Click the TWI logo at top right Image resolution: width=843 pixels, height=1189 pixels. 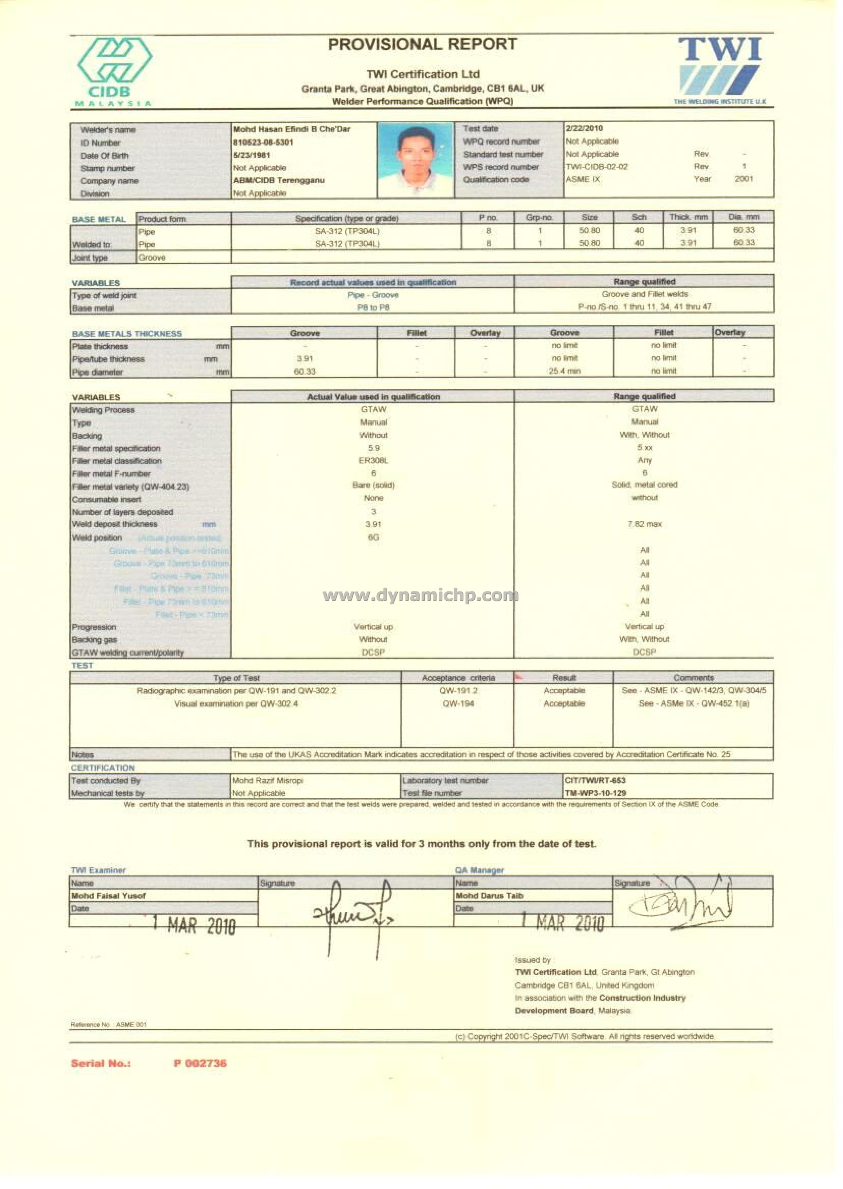click(720, 70)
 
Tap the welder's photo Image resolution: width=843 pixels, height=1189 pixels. click(415, 160)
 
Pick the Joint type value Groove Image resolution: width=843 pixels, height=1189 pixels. click(152, 257)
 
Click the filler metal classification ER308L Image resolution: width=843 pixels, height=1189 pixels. click(373, 460)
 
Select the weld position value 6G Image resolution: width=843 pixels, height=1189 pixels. click(373, 537)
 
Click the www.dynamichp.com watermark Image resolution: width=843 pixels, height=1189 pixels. click(420, 595)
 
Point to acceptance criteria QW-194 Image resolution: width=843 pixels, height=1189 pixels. click(458, 703)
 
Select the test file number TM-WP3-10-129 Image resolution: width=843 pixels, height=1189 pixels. click(595, 793)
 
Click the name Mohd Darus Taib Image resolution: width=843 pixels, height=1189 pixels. click(490, 895)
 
